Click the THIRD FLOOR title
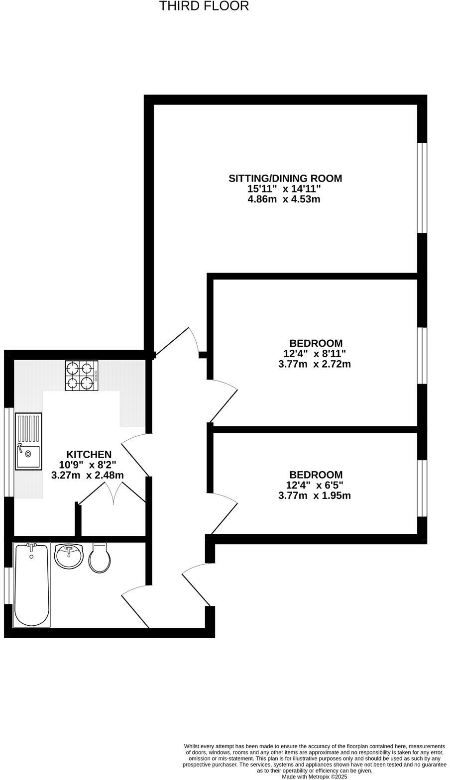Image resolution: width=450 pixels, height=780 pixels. tap(204, 6)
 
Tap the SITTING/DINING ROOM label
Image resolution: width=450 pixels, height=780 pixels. tap(285, 178)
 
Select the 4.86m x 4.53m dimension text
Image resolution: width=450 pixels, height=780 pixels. tap(284, 199)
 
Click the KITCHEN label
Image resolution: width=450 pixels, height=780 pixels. tap(89, 454)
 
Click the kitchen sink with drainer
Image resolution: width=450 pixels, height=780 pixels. tap(28, 441)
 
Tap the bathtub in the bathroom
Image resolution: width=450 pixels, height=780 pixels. tap(32, 585)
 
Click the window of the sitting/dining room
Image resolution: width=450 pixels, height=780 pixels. tap(422, 188)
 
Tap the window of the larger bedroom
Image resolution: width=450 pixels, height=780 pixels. tap(422, 356)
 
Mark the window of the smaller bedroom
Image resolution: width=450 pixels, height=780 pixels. tap(422, 488)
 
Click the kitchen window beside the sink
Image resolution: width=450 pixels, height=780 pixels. tap(8, 452)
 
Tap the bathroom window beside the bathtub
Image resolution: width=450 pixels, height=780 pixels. tap(8, 585)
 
